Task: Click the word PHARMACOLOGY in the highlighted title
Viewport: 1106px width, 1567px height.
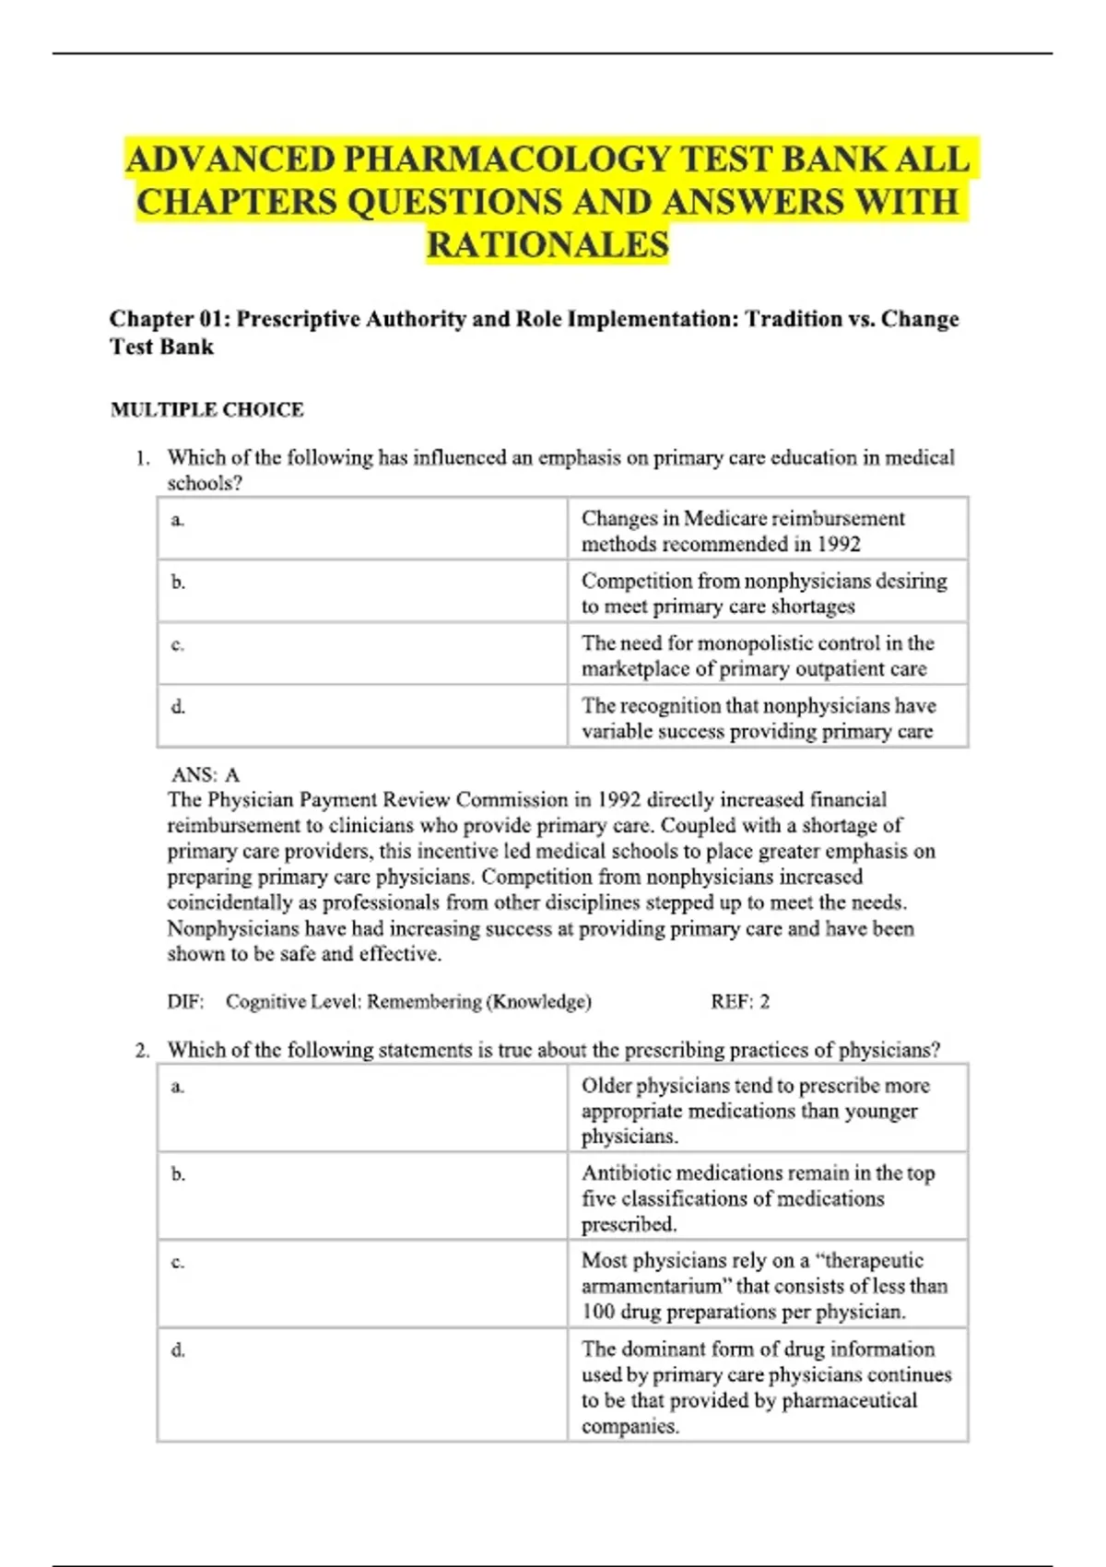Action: coord(506,159)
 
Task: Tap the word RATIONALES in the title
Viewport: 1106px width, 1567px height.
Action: coord(547,245)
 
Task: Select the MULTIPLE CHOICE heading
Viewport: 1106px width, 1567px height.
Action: coord(206,409)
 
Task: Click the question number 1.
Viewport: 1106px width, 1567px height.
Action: coord(141,458)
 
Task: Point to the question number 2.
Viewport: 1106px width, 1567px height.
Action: coord(141,1051)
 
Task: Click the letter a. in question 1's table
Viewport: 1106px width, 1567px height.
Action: coord(178,521)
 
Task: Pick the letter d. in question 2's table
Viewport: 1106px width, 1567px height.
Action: coord(178,1350)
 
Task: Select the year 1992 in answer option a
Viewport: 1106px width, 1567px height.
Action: coord(838,545)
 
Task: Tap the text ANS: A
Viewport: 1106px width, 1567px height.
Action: coord(206,774)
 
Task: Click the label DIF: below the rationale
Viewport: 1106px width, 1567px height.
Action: coord(185,1002)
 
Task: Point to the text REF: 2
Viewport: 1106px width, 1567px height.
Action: coord(739,1002)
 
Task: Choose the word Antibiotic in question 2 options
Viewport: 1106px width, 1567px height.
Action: coord(627,1173)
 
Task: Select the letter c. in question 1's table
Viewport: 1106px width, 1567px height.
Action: coord(178,645)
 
